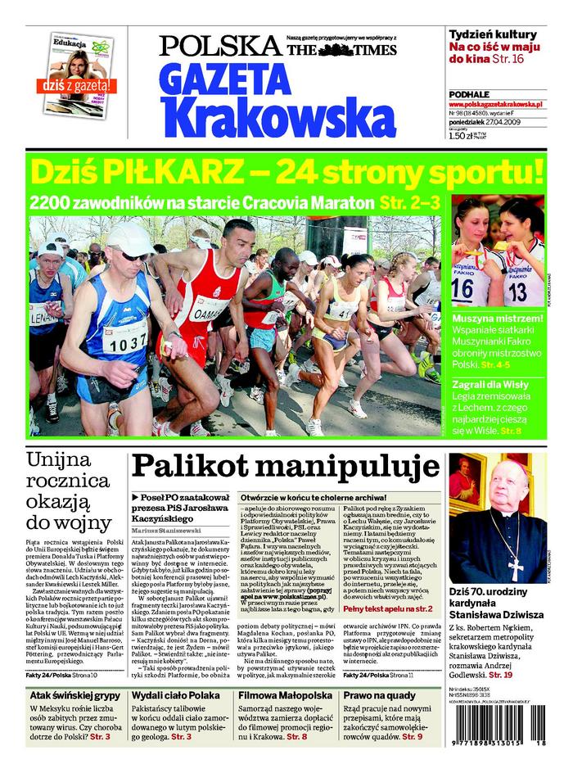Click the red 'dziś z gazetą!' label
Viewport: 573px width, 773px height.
(74, 85)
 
